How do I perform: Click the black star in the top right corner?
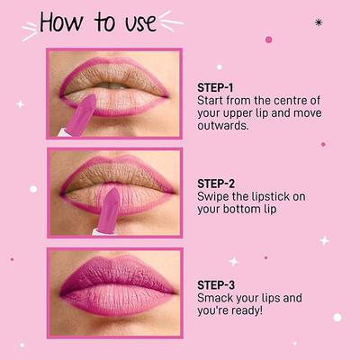[318, 22]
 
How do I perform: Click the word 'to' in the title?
[107, 22]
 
